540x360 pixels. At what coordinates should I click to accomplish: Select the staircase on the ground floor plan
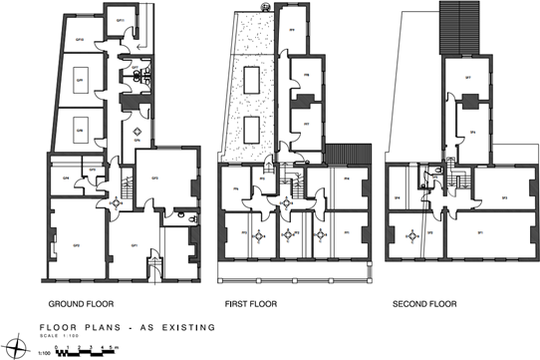[x=126, y=187]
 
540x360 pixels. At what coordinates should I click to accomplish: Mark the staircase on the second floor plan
[x=459, y=183]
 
